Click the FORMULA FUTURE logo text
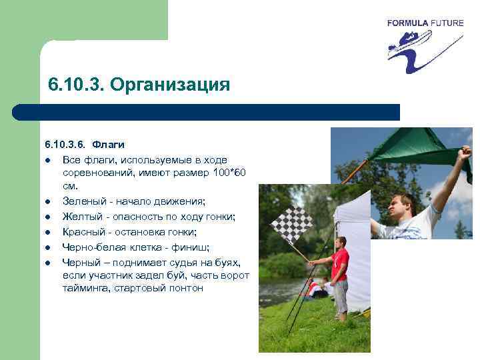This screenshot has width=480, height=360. (425, 23)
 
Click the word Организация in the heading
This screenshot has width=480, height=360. (170, 85)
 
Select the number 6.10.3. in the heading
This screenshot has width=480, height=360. (75, 85)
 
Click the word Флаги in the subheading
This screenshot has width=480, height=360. (108, 144)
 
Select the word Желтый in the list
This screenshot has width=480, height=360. (81, 217)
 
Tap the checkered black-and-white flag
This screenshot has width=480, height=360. (291, 225)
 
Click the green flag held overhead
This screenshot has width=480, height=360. (413, 146)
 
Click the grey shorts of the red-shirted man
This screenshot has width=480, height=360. (341, 293)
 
